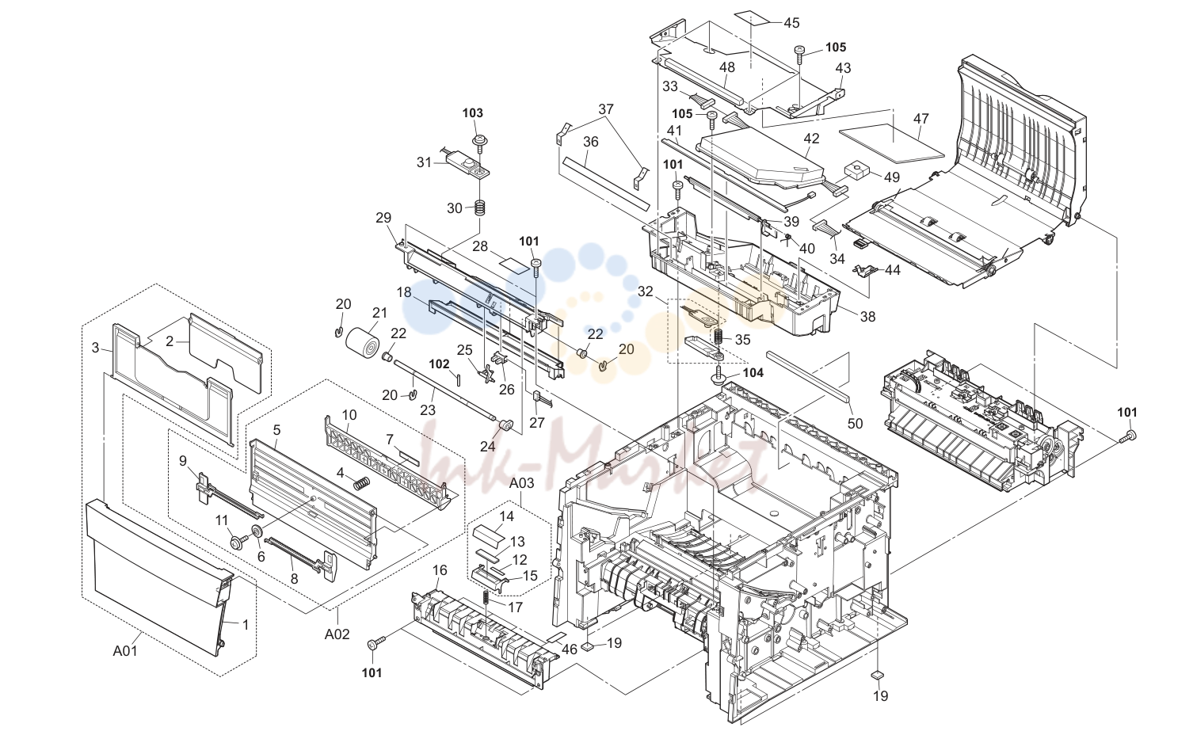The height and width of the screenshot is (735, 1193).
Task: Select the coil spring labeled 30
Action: click(480, 208)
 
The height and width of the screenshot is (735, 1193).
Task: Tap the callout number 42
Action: click(811, 139)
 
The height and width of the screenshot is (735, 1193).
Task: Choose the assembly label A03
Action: click(521, 483)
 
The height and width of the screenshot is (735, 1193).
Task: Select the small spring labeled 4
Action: click(362, 482)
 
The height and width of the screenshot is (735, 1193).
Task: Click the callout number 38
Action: click(867, 317)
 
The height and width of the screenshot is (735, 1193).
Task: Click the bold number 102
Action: click(440, 364)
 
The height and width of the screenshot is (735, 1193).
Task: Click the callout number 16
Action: click(440, 570)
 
